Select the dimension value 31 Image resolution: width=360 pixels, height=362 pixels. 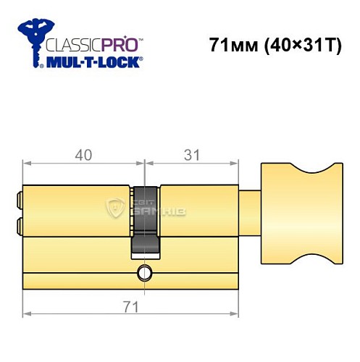pyautogui.click(x=193, y=155)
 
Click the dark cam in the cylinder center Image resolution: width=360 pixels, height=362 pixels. pyautogui.click(x=145, y=221)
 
